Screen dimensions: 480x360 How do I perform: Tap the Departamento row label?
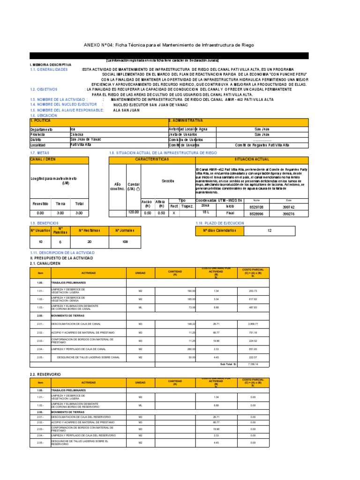pyautogui.click(x=42, y=129)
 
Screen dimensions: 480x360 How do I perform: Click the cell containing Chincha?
pyautogui.click(x=77, y=134)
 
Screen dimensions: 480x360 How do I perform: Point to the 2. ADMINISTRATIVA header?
pyautogui.click(x=186, y=121)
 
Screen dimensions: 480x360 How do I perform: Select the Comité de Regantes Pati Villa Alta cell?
pyautogui.click(x=262, y=145)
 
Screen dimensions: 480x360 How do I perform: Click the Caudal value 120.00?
pyautogui.click(x=133, y=212)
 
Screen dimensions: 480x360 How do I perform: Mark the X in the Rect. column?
pyautogui.click(x=174, y=212)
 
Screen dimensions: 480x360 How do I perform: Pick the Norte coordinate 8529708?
pyautogui.click(x=256, y=206)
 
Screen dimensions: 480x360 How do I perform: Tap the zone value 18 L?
pyautogui.click(x=206, y=212)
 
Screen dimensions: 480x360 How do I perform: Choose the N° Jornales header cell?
pyautogui.click(x=125, y=231)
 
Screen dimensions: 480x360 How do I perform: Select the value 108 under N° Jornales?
pyautogui.click(x=125, y=242)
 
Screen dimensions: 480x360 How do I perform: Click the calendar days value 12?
pyautogui.click(x=269, y=231)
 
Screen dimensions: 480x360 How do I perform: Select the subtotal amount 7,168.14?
pyautogui.click(x=253, y=363)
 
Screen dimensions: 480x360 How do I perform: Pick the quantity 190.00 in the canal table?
pyautogui.click(x=190, y=291)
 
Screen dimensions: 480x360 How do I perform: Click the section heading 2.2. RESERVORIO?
pyautogui.click(x=45, y=375)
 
